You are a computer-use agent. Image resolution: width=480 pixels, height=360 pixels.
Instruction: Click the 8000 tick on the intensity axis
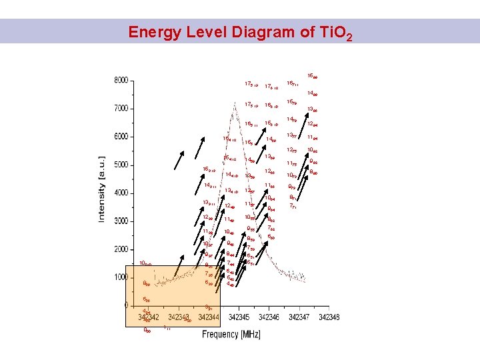pos(120,81)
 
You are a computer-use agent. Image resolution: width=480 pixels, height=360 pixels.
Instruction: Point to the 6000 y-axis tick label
pos(120,137)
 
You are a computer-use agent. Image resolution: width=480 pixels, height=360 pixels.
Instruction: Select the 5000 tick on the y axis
pos(120,165)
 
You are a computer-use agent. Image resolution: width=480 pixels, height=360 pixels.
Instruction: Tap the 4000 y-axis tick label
pos(120,193)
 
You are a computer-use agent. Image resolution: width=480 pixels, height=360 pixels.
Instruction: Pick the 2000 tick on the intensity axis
pos(120,249)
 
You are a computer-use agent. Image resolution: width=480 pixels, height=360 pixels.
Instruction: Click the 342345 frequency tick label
pos(238,318)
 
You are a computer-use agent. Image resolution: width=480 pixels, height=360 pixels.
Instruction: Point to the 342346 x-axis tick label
pos(269,318)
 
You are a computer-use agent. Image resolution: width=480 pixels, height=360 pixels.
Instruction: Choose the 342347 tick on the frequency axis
pos(299,318)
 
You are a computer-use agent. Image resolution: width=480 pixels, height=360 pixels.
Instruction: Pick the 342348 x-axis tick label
pos(329,318)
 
